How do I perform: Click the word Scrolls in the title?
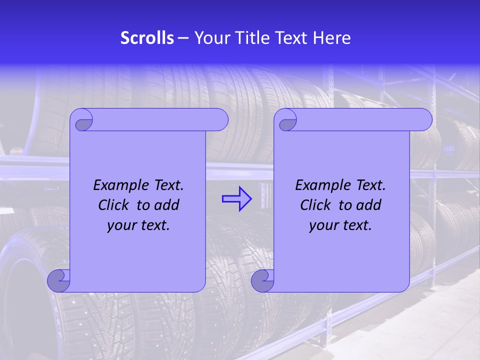point(147,38)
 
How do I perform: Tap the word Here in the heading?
point(332,38)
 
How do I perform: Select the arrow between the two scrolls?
point(236,199)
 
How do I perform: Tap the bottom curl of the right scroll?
point(261,280)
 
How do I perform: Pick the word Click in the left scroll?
point(112,205)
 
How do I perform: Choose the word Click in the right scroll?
point(314,205)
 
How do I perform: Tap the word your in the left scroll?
point(120,226)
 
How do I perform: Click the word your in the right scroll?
point(322,226)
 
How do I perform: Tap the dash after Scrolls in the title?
point(183,38)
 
